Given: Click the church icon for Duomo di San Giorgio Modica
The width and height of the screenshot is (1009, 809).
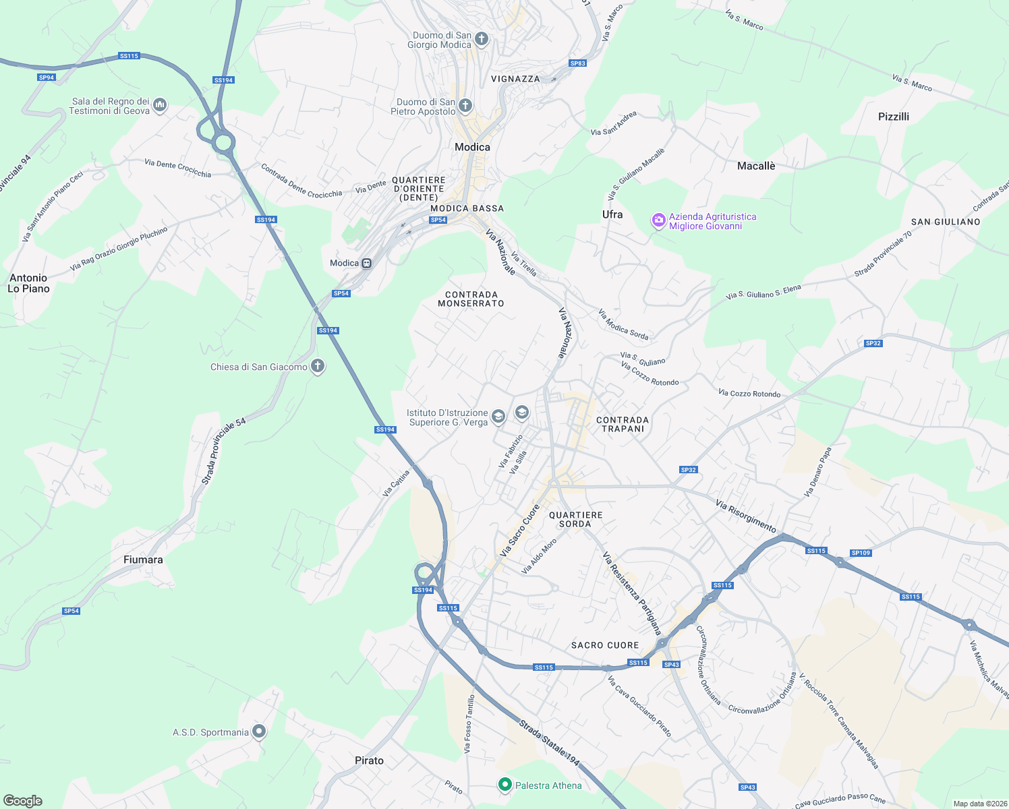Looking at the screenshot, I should click(x=482, y=38).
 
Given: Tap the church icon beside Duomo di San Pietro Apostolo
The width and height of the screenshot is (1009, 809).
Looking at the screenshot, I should click(x=465, y=105).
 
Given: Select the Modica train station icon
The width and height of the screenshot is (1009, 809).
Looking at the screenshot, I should click(x=367, y=263).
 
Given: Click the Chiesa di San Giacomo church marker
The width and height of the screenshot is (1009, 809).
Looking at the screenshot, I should click(x=318, y=366).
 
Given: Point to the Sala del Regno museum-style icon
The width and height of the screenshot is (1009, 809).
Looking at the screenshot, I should click(x=160, y=104).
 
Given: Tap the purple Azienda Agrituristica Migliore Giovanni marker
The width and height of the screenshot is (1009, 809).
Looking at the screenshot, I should click(x=658, y=220).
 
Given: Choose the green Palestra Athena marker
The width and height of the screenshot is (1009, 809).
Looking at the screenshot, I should click(x=505, y=784).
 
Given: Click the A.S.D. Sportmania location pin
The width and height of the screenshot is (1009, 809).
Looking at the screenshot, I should click(x=259, y=731).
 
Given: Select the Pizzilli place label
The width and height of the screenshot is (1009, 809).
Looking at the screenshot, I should click(x=894, y=117).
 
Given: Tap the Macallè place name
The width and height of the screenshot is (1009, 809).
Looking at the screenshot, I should click(x=756, y=166).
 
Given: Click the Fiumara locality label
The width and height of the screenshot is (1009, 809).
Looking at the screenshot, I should click(x=143, y=560).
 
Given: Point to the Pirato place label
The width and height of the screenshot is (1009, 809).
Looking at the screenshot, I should click(x=369, y=760).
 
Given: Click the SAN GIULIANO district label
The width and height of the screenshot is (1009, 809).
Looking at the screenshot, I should click(x=946, y=222).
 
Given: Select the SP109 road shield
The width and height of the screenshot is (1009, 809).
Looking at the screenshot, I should click(x=861, y=553).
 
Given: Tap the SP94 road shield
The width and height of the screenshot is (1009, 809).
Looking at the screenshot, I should click(x=47, y=78).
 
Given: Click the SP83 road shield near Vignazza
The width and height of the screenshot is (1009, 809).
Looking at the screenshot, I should click(x=578, y=63).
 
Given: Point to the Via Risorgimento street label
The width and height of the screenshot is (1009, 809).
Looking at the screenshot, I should click(x=746, y=516).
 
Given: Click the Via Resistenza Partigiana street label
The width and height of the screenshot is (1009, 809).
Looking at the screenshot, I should click(x=632, y=593).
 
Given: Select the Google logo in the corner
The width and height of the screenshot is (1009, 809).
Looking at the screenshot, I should click(x=23, y=800).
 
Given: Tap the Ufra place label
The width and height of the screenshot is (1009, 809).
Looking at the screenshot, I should click(x=612, y=214).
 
